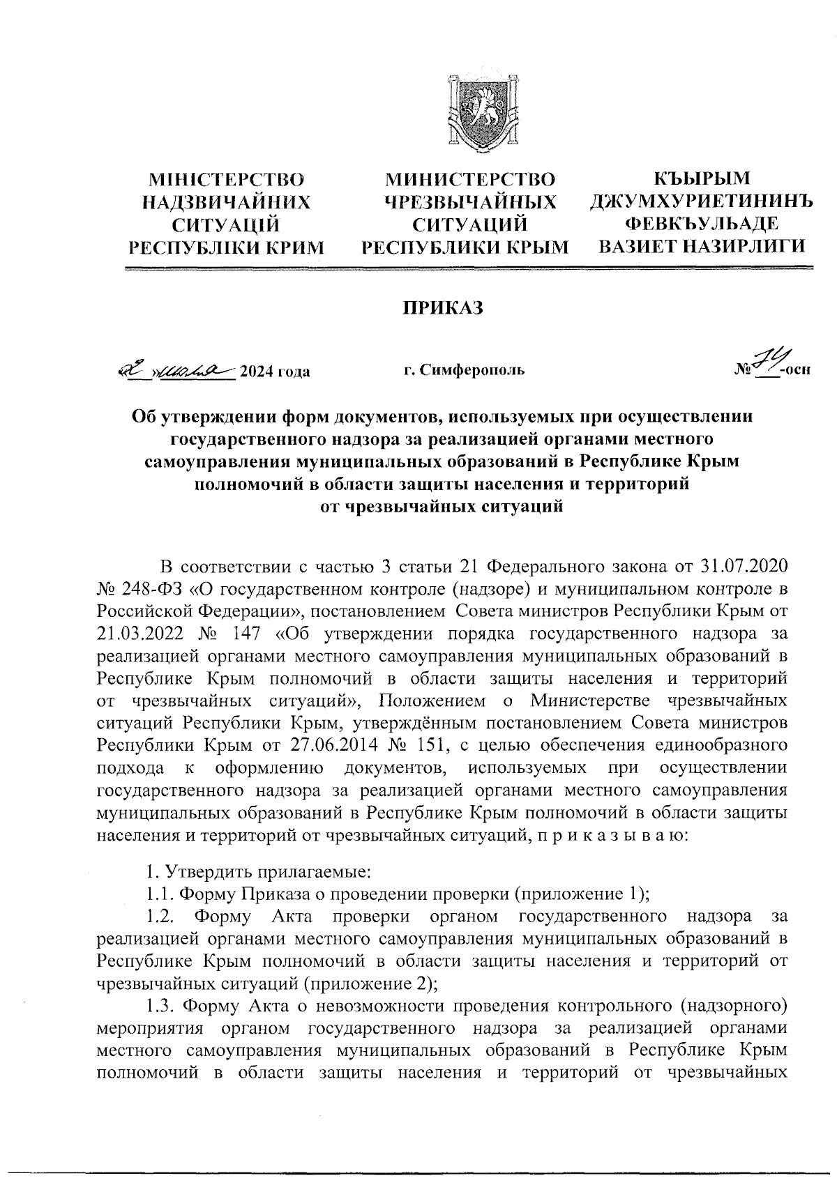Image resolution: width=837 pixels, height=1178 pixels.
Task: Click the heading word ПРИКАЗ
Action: [441, 308]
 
